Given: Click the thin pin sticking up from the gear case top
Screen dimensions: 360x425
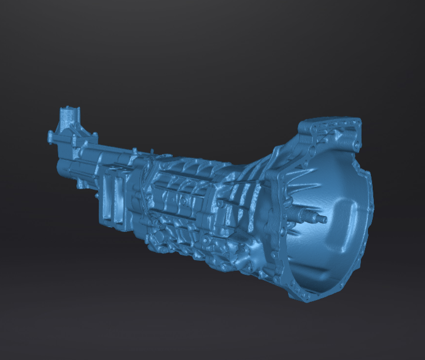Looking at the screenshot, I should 152,154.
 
